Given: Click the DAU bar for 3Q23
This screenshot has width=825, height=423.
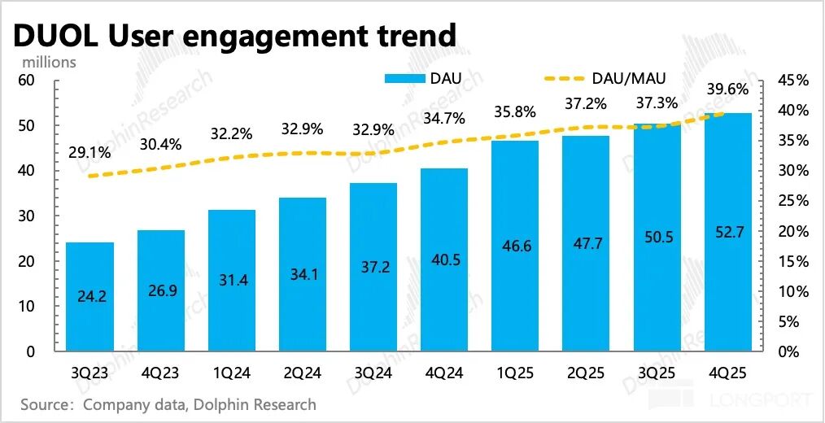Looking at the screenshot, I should (89, 296).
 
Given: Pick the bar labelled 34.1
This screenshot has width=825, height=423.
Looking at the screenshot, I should (303, 274).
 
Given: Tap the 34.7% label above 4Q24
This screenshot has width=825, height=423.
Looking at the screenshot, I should (445, 118).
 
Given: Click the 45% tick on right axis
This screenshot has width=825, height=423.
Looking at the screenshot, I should (793, 81).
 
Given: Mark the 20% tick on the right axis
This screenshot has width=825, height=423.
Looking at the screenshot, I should (793, 231).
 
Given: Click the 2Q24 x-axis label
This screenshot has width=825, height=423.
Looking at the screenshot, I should (303, 374).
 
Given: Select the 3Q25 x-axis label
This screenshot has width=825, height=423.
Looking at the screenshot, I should (657, 374).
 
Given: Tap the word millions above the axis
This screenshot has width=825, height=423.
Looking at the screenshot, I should (49, 62).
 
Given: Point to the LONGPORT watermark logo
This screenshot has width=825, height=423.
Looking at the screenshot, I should (732, 399).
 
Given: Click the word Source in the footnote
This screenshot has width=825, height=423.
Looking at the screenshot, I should (46, 403).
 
